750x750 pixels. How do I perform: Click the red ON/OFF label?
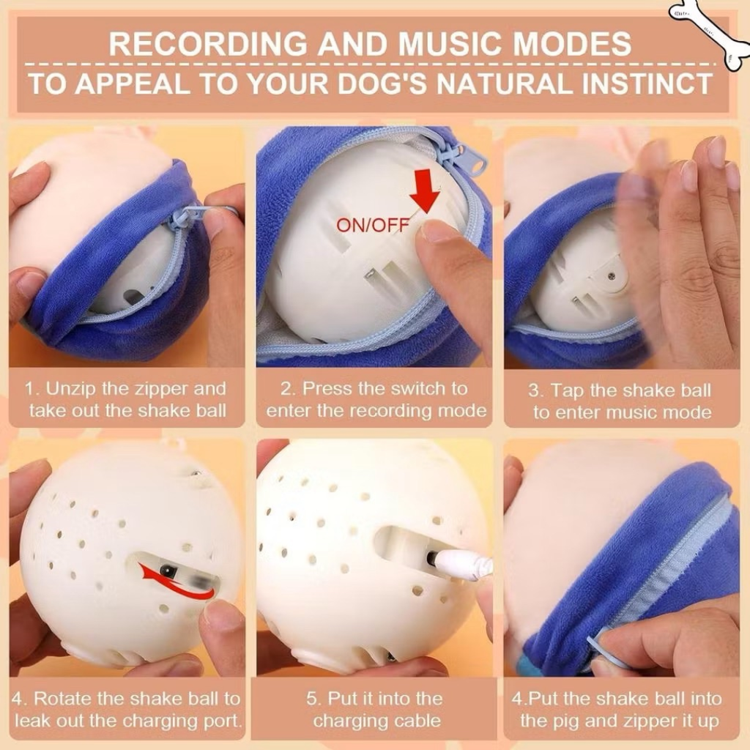(x=373, y=224)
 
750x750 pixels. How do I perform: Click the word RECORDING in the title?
(x=209, y=43)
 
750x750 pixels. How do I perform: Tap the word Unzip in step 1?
(x=72, y=389)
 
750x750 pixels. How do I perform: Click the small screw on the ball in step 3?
(x=612, y=276)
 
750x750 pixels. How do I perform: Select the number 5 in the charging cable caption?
(x=311, y=699)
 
